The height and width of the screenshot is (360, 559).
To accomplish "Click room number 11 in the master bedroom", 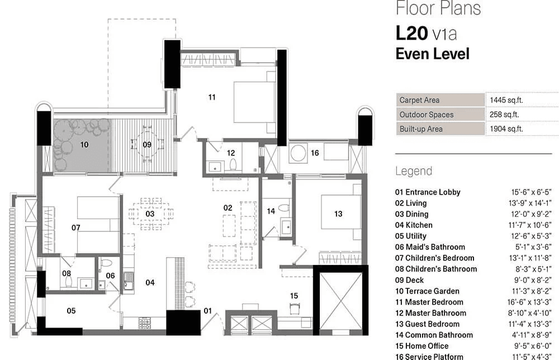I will tap(212, 97).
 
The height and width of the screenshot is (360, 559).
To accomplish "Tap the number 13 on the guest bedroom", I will tap(338, 214).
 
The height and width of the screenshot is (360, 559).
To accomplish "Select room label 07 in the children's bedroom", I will tap(76, 228).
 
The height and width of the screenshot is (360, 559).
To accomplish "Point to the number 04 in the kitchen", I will tap(150, 282).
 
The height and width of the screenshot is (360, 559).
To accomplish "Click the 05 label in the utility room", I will tap(71, 310).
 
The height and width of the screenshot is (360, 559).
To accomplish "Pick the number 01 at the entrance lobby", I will tap(207, 310).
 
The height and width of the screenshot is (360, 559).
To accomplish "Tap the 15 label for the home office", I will tap(293, 296).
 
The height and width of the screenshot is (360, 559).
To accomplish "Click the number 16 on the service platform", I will tap(315, 153).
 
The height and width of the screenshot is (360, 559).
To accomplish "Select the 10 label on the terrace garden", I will tap(84, 144).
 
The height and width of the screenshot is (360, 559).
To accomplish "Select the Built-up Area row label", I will tap(420, 129).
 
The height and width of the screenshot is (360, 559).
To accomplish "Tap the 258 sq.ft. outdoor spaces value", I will tap(506, 115).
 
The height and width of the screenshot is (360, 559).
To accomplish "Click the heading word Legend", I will tap(414, 171).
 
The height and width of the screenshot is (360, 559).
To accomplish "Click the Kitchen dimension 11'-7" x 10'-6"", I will tap(528, 225).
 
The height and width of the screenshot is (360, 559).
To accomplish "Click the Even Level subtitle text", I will tap(432, 54).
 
